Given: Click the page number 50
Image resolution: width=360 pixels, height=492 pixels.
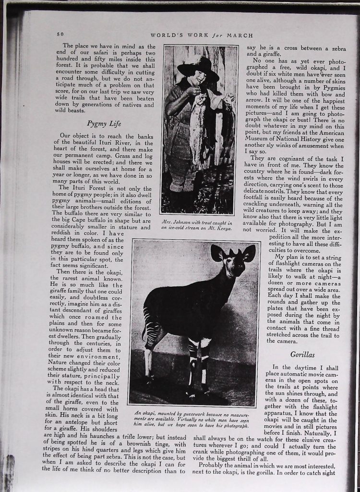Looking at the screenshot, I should tap(60, 34).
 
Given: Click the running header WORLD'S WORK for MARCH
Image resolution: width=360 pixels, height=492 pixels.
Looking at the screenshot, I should tap(202, 35).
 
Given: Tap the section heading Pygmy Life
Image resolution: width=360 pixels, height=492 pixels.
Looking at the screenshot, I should tap(105, 123).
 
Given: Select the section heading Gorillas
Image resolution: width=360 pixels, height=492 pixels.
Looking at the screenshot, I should tap(301, 355).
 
